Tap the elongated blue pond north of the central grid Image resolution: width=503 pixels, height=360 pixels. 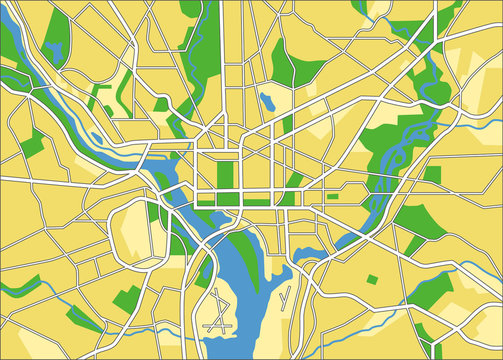coord(267,100)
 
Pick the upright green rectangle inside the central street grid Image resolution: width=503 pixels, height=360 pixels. coord(225,174)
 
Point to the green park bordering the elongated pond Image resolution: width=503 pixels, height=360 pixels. coord(285,65)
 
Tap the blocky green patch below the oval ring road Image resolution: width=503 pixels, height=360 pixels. coord(127,297)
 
